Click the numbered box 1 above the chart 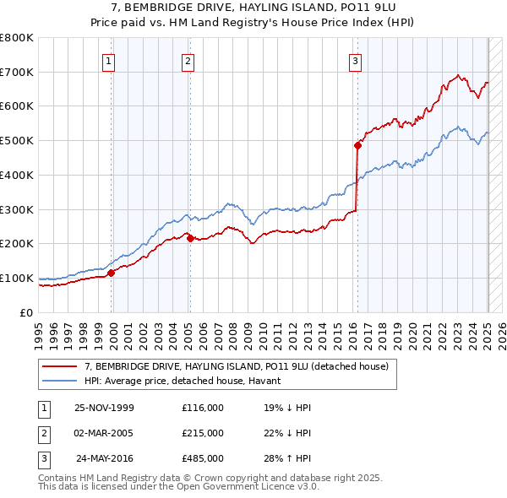(x=111, y=61)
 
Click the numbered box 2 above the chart (x=188, y=61)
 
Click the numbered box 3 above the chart (x=356, y=61)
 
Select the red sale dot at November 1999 (x=112, y=272)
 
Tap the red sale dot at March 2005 (x=190, y=238)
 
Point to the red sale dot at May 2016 (x=357, y=145)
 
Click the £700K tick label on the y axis (x=17, y=72)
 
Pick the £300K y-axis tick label (x=17, y=209)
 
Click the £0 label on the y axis (x=26, y=312)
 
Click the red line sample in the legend (x=58, y=367)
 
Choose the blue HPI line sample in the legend (x=58, y=381)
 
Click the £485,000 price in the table (x=203, y=459)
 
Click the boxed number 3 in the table (x=43, y=459)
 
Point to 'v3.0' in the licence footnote (x=304, y=487)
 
